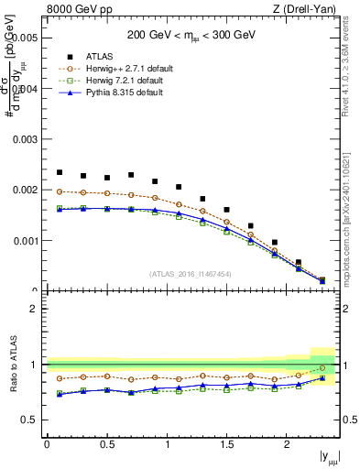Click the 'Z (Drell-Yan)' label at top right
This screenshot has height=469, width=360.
pyautogui.click(x=309, y=10)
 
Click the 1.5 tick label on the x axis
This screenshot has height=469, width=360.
pyautogui.click(x=227, y=444)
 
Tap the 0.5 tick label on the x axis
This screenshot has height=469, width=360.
pyautogui.click(x=107, y=444)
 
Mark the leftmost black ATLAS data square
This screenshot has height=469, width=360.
pyautogui.click(x=60, y=172)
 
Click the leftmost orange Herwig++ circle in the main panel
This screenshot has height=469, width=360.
pyautogui.click(x=60, y=191)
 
